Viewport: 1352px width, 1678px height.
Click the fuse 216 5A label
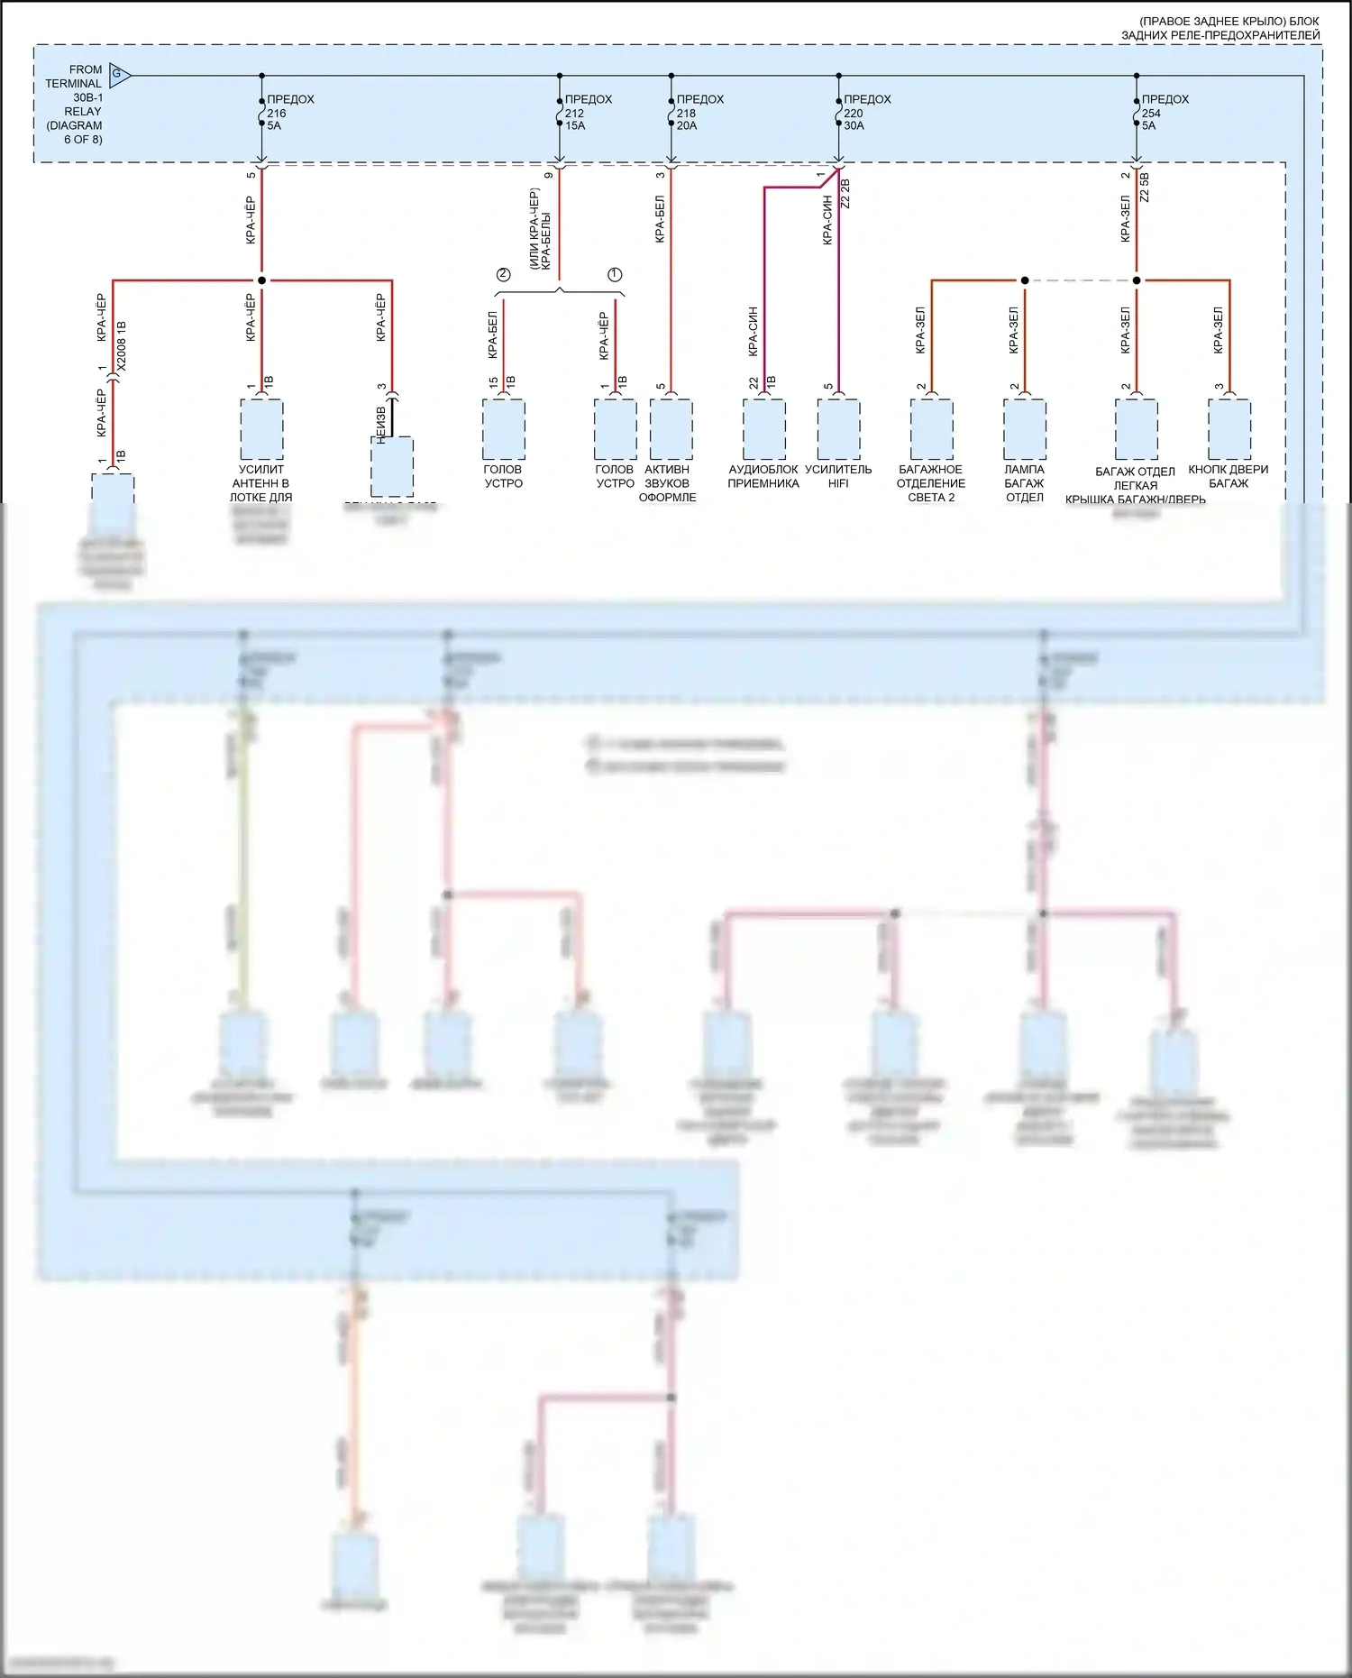[x=288, y=113]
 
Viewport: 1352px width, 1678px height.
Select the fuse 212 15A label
[x=587, y=113]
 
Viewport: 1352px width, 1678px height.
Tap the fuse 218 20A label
[x=699, y=113]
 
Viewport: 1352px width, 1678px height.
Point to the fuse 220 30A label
[x=865, y=113]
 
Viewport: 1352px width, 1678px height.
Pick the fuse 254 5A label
[x=1164, y=113]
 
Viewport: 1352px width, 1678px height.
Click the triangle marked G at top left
[x=119, y=75]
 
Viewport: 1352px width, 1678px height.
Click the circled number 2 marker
[x=503, y=274]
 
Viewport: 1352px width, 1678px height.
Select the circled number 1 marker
[x=615, y=274]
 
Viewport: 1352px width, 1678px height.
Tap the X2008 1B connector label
[x=123, y=346]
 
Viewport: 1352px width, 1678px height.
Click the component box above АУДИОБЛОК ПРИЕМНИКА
[x=763, y=429]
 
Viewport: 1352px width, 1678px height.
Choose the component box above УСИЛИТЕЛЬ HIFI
[x=838, y=429]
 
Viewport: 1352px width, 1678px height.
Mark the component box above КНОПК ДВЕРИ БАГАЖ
[x=1229, y=429]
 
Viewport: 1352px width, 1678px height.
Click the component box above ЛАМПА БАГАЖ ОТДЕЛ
[x=1025, y=429]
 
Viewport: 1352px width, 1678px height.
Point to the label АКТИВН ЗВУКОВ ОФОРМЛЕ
[x=667, y=483]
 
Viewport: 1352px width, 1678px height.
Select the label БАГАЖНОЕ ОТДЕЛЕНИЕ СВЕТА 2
[x=931, y=483]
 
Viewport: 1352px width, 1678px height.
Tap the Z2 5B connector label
[x=1145, y=188]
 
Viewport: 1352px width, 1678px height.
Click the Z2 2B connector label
[x=845, y=194]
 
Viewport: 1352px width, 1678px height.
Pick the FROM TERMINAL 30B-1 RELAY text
[x=76, y=104]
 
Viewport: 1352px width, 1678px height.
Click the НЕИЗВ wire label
[x=380, y=424]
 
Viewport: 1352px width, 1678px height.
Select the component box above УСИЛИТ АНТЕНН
[x=261, y=429]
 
